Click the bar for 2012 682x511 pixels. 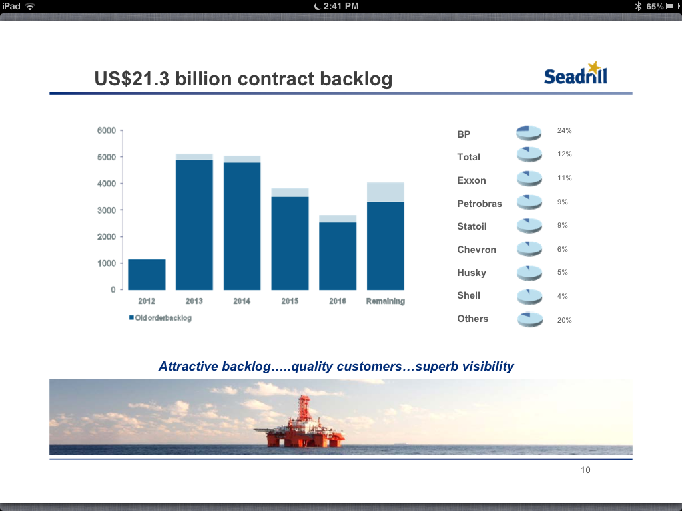147,274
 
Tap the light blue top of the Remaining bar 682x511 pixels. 386,192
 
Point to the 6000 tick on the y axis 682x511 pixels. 106,130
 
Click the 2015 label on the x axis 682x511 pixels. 290,301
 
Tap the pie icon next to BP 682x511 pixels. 531,133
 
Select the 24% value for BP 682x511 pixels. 565,130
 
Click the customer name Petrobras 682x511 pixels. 480,204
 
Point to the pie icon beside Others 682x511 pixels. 531,319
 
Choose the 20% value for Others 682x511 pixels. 565,320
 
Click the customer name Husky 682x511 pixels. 472,273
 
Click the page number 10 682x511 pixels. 585,470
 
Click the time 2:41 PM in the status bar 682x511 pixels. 340,6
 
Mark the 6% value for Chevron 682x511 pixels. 563,249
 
